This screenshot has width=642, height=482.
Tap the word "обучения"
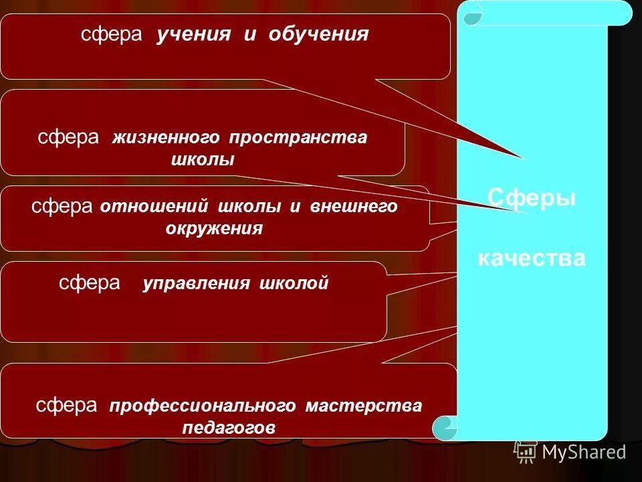(318, 35)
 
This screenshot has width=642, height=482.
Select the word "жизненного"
(166, 138)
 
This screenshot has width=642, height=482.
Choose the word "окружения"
(214, 228)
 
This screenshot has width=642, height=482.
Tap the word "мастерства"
(364, 406)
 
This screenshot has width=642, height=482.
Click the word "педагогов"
(228, 428)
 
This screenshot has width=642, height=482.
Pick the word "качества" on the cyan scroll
(532, 258)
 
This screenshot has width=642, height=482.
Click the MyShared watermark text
(584, 453)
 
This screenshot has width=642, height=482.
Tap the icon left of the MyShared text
(525, 452)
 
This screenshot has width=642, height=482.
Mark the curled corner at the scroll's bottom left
(444, 427)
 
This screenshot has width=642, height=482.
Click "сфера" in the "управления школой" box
(90, 283)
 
